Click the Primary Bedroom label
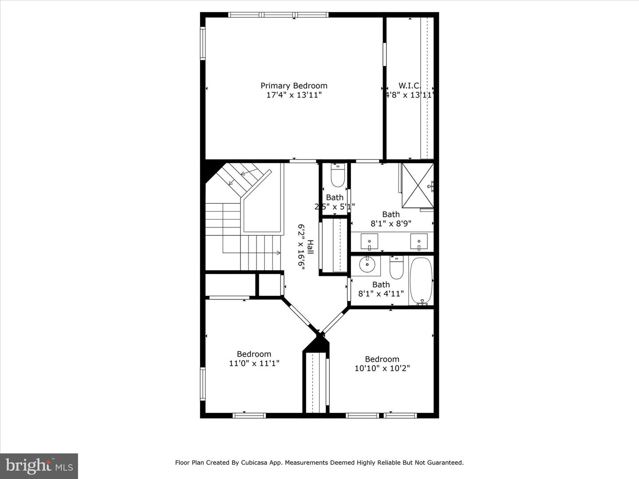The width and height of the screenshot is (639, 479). click(x=294, y=86)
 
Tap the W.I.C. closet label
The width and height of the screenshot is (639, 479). click(x=409, y=86)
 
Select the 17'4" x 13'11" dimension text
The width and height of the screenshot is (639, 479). click(x=294, y=95)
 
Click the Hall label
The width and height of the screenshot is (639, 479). click(x=310, y=247)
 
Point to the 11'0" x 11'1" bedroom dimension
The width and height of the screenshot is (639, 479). click(x=254, y=363)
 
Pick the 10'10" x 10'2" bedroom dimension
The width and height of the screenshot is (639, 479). click(x=382, y=368)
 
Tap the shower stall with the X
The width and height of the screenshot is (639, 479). click(x=418, y=185)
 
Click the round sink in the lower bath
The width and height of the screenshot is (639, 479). click(x=367, y=265)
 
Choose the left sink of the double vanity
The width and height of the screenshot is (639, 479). click(x=369, y=242)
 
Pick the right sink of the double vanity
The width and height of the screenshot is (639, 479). click(x=418, y=242)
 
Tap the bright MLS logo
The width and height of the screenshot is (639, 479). click(x=39, y=466)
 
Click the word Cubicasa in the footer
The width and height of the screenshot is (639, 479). click(x=254, y=463)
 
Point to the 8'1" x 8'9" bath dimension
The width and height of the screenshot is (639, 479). click(x=391, y=224)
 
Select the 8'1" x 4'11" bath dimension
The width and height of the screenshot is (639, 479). click(x=381, y=294)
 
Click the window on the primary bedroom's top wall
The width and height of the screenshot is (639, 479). click(x=278, y=15)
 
